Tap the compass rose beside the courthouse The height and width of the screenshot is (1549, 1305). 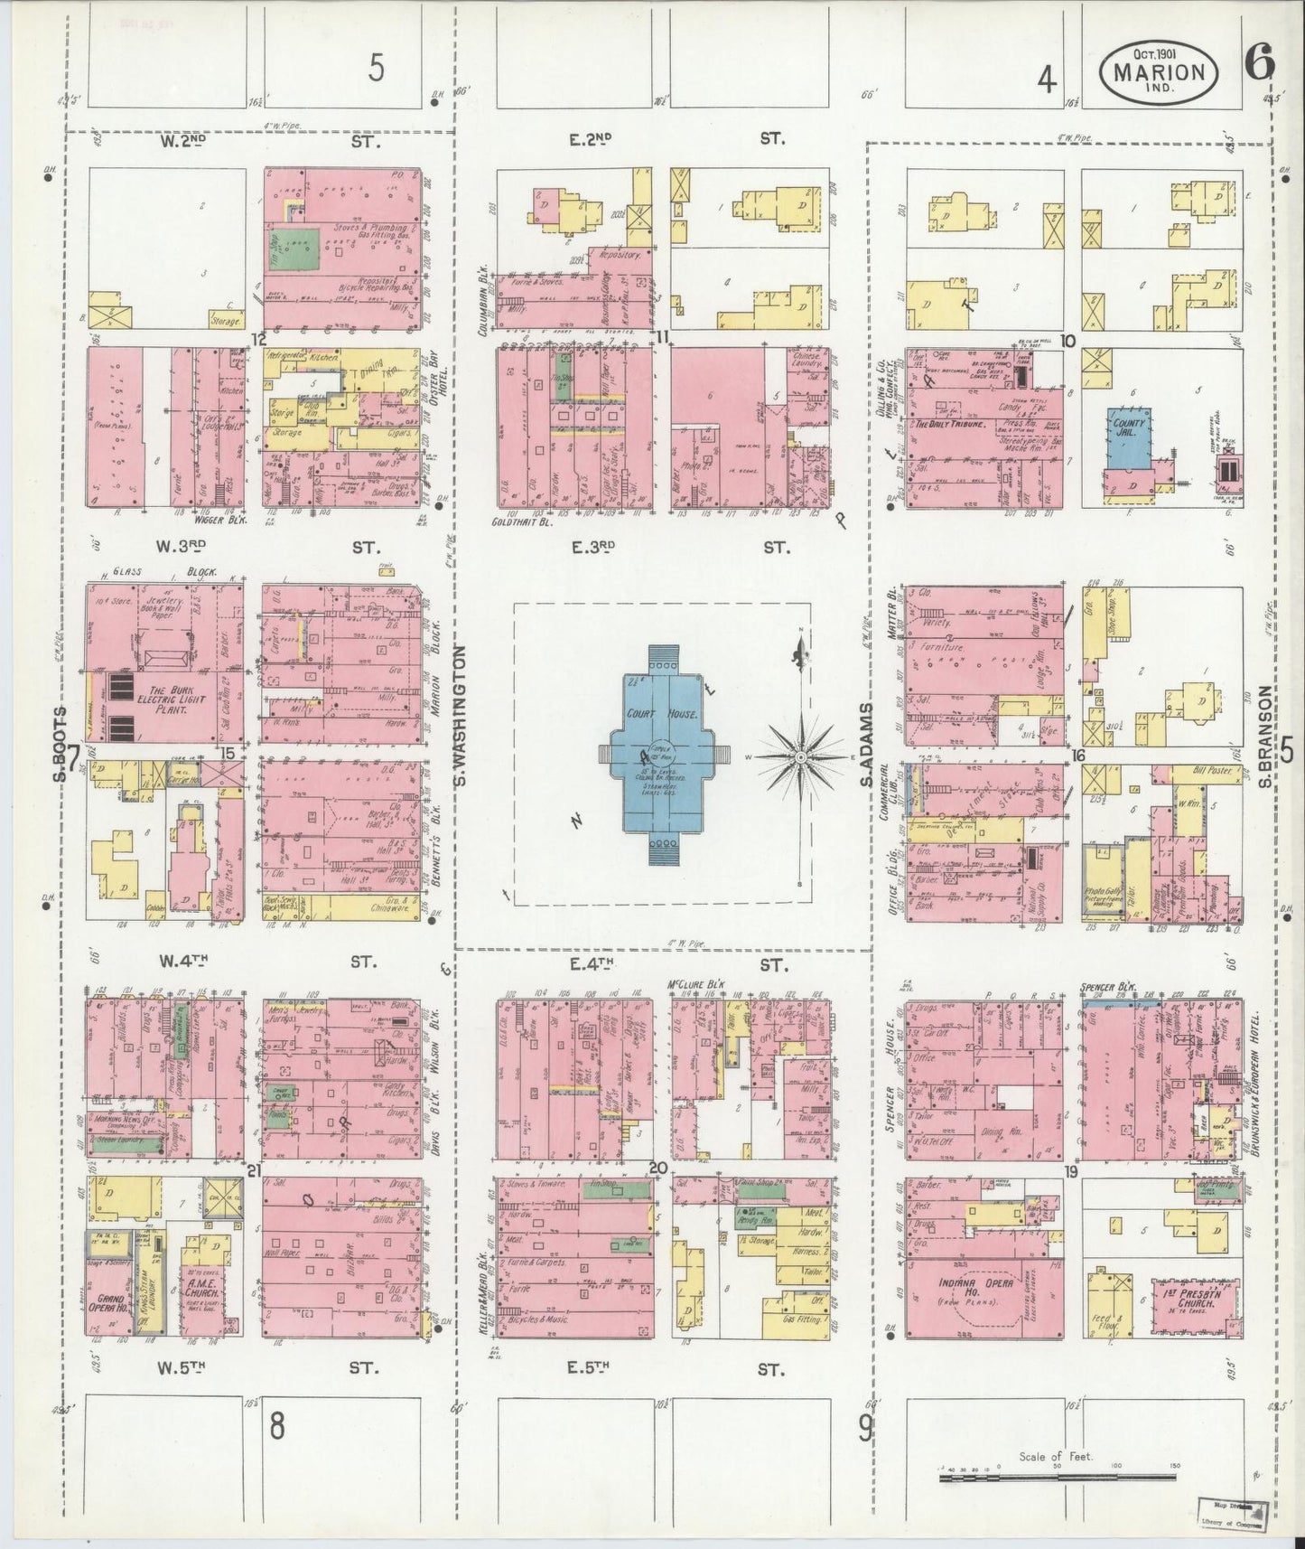coord(801,755)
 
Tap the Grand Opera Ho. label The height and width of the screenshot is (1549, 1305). coord(107,1304)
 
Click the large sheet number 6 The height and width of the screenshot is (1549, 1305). coord(1257,63)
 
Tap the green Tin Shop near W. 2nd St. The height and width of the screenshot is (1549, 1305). coord(299,242)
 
